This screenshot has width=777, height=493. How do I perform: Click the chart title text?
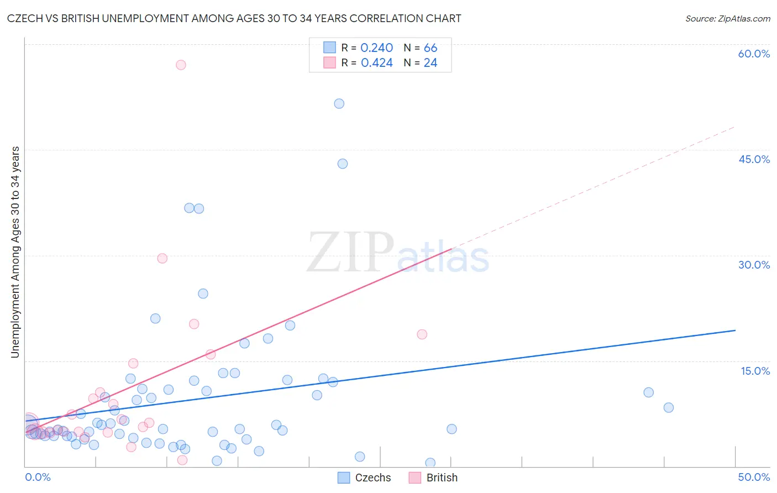(234, 18)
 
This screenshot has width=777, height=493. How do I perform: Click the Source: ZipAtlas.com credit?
(727, 18)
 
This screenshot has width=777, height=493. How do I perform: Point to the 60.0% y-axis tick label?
(754, 54)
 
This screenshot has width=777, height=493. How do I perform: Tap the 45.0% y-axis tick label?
(754, 159)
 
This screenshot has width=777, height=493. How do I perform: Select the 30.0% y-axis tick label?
(754, 265)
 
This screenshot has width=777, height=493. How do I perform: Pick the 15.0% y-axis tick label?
(755, 371)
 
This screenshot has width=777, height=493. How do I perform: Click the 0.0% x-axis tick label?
(38, 477)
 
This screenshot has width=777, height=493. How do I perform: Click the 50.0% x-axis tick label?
(754, 477)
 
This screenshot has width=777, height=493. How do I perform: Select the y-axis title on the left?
(15, 252)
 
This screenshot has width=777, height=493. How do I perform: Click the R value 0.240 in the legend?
(376, 48)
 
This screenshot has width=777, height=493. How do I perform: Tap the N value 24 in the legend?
(430, 63)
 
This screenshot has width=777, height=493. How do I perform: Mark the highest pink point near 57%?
(181, 65)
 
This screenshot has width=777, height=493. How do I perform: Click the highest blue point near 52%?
(339, 103)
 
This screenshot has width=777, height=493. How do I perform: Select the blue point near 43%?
(343, 164)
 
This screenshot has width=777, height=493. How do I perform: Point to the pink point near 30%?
(162, 258)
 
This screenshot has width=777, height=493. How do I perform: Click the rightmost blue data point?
(669, 407)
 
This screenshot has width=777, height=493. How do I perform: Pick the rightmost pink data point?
(422, 334)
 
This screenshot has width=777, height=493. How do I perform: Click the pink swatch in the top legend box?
(329, 62)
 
